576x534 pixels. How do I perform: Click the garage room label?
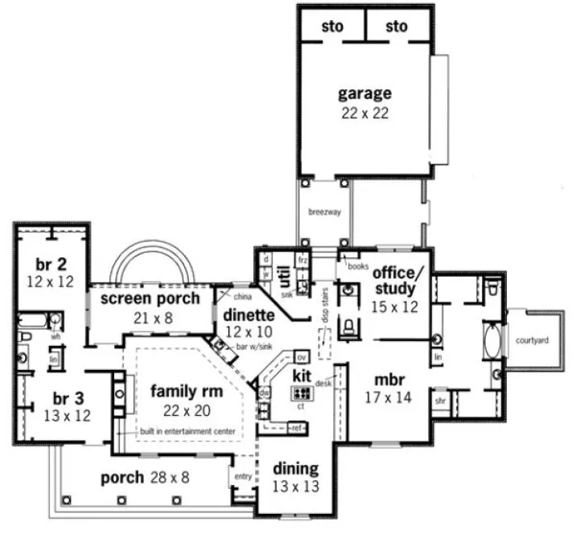[x=364, y=93]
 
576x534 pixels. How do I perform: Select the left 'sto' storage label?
[x=332, y=27]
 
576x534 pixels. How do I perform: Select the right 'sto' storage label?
[x=397, y=27]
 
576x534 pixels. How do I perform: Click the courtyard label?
[x=532, y=340]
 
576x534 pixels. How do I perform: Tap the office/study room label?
[x=393, y=281]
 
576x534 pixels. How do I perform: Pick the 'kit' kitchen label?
[x=302, y=376]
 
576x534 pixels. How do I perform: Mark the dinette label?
[x=249, y=315]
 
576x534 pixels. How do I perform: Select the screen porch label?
[x=150, y=298]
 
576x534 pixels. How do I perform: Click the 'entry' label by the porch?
[x=243, y=476]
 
